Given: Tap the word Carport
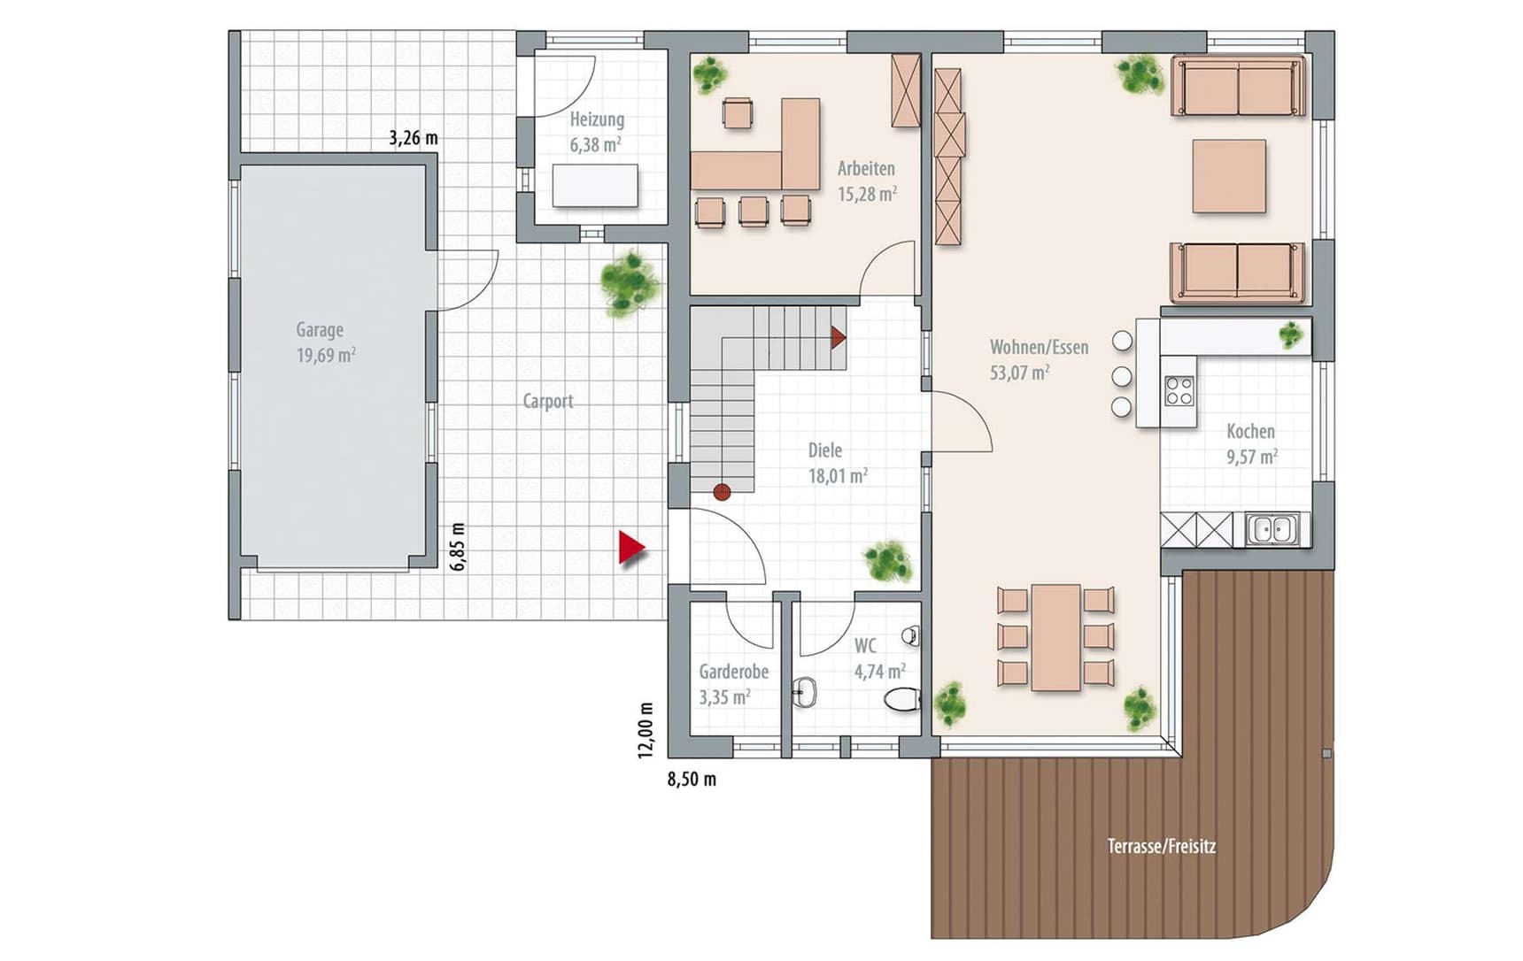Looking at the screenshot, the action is [x=548, y=401].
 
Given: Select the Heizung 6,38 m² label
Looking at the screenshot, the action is [x=597, y=132].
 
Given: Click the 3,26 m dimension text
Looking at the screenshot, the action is [x=414, y=138].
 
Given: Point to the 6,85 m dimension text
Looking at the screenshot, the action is [x=457, y=547].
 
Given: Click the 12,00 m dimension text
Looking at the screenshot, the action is [x=646, y=730].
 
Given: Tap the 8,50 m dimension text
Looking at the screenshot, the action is [x=692, y=780].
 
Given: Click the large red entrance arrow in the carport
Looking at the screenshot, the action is [x=631, y=548].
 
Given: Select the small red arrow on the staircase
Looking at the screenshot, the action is [x=838, y=337].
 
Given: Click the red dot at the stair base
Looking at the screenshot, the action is [x=723, y=492].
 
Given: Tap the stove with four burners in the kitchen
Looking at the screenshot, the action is [x=1179, y=391].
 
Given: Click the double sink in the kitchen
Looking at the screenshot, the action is [x=1272, y=529].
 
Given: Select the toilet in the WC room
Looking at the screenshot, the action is [x=902, y=699].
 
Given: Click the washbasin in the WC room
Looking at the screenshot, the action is [x=805, y=691].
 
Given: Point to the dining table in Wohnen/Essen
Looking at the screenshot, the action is [x=1055, y=637].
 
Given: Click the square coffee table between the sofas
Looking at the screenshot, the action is [x=1229, y=176].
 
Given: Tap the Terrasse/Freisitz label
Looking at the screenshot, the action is [x=1162, y=847].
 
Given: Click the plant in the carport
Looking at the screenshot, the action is [x=630, y=283].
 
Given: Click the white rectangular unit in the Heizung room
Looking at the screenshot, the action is [x=595, y=186].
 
